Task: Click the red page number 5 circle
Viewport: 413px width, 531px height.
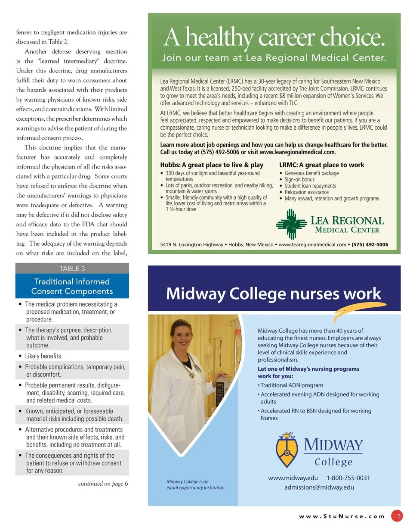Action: coord(399,515)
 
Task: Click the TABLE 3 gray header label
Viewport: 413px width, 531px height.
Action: coord(72,269)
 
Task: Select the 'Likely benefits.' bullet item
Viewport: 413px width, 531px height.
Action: coord(43,356)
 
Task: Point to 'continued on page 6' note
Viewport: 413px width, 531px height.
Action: coord(103,484)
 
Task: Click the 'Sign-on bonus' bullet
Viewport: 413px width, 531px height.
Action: coord(299,179)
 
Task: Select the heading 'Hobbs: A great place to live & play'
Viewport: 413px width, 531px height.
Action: coord(212,165)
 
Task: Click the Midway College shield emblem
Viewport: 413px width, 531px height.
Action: coord(287,451)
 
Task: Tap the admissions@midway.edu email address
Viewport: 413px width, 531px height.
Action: coord(319,487)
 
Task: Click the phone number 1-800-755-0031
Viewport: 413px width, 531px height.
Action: coord(348,478)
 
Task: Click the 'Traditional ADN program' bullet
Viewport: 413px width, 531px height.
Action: coord(291,385)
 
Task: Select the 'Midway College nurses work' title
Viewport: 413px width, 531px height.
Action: coord(274,294)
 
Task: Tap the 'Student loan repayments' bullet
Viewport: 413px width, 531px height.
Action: coord(310,186)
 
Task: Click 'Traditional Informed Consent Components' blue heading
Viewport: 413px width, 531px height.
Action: coord(72,287)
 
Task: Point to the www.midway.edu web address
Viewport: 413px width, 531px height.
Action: coord(293,478)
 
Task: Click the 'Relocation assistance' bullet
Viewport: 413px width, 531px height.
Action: coord(307,192)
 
